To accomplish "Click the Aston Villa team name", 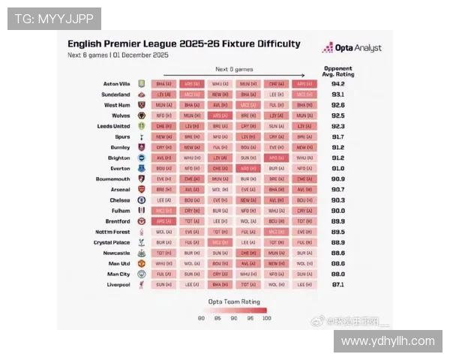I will click(x=116, y=84).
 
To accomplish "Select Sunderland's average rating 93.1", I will click(x=337, y=95).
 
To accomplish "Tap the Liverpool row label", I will click(x=118, y=285).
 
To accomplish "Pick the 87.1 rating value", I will click(x=337, y=285).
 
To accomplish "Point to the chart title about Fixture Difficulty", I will click(x=184, y=43).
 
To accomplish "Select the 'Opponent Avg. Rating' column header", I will click(x=337, y=71).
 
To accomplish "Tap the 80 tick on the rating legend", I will click(x=201, y=318).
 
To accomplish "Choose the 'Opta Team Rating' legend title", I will click(x=233, y=301).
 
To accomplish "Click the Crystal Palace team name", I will click(x=112, y=242).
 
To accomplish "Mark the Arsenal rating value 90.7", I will click(x=337, y=190).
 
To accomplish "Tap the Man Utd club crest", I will click(x=141, y=264).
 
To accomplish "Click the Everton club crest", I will click(x=141, y=169).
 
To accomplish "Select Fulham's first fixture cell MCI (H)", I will click(x=163, y=211).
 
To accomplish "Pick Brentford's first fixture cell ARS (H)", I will click(x=163, y=221).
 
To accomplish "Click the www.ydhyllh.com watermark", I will click(x=388, y=341).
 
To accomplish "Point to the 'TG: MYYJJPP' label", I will click(x=54, y=19).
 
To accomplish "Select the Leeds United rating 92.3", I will click(x=337, y=127).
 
